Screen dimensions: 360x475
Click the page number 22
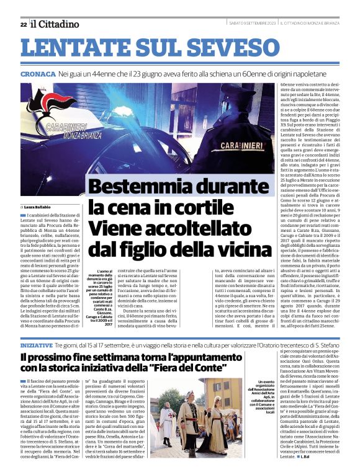click(23, 24)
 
